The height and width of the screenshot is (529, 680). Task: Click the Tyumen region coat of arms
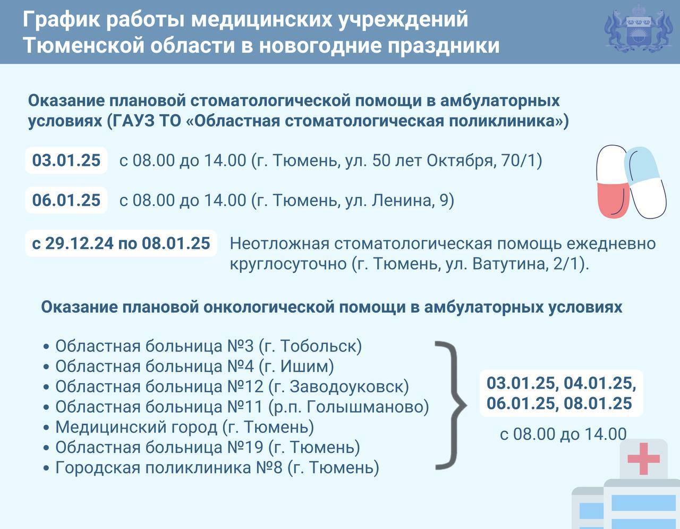(639, 31)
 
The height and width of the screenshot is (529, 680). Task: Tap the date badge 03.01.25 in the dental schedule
(66, 160)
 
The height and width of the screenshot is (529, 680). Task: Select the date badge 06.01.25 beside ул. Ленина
(66, 200)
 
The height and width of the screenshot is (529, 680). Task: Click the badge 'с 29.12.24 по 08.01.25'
(121, 243)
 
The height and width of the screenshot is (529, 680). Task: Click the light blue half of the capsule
(641, 165)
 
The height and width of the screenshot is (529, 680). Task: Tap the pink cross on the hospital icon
(643, 459)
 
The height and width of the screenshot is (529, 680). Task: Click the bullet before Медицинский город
(46, 428)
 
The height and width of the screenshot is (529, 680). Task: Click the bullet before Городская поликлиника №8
(46, 468)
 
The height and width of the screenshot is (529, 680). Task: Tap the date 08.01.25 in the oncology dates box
(598, 404)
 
